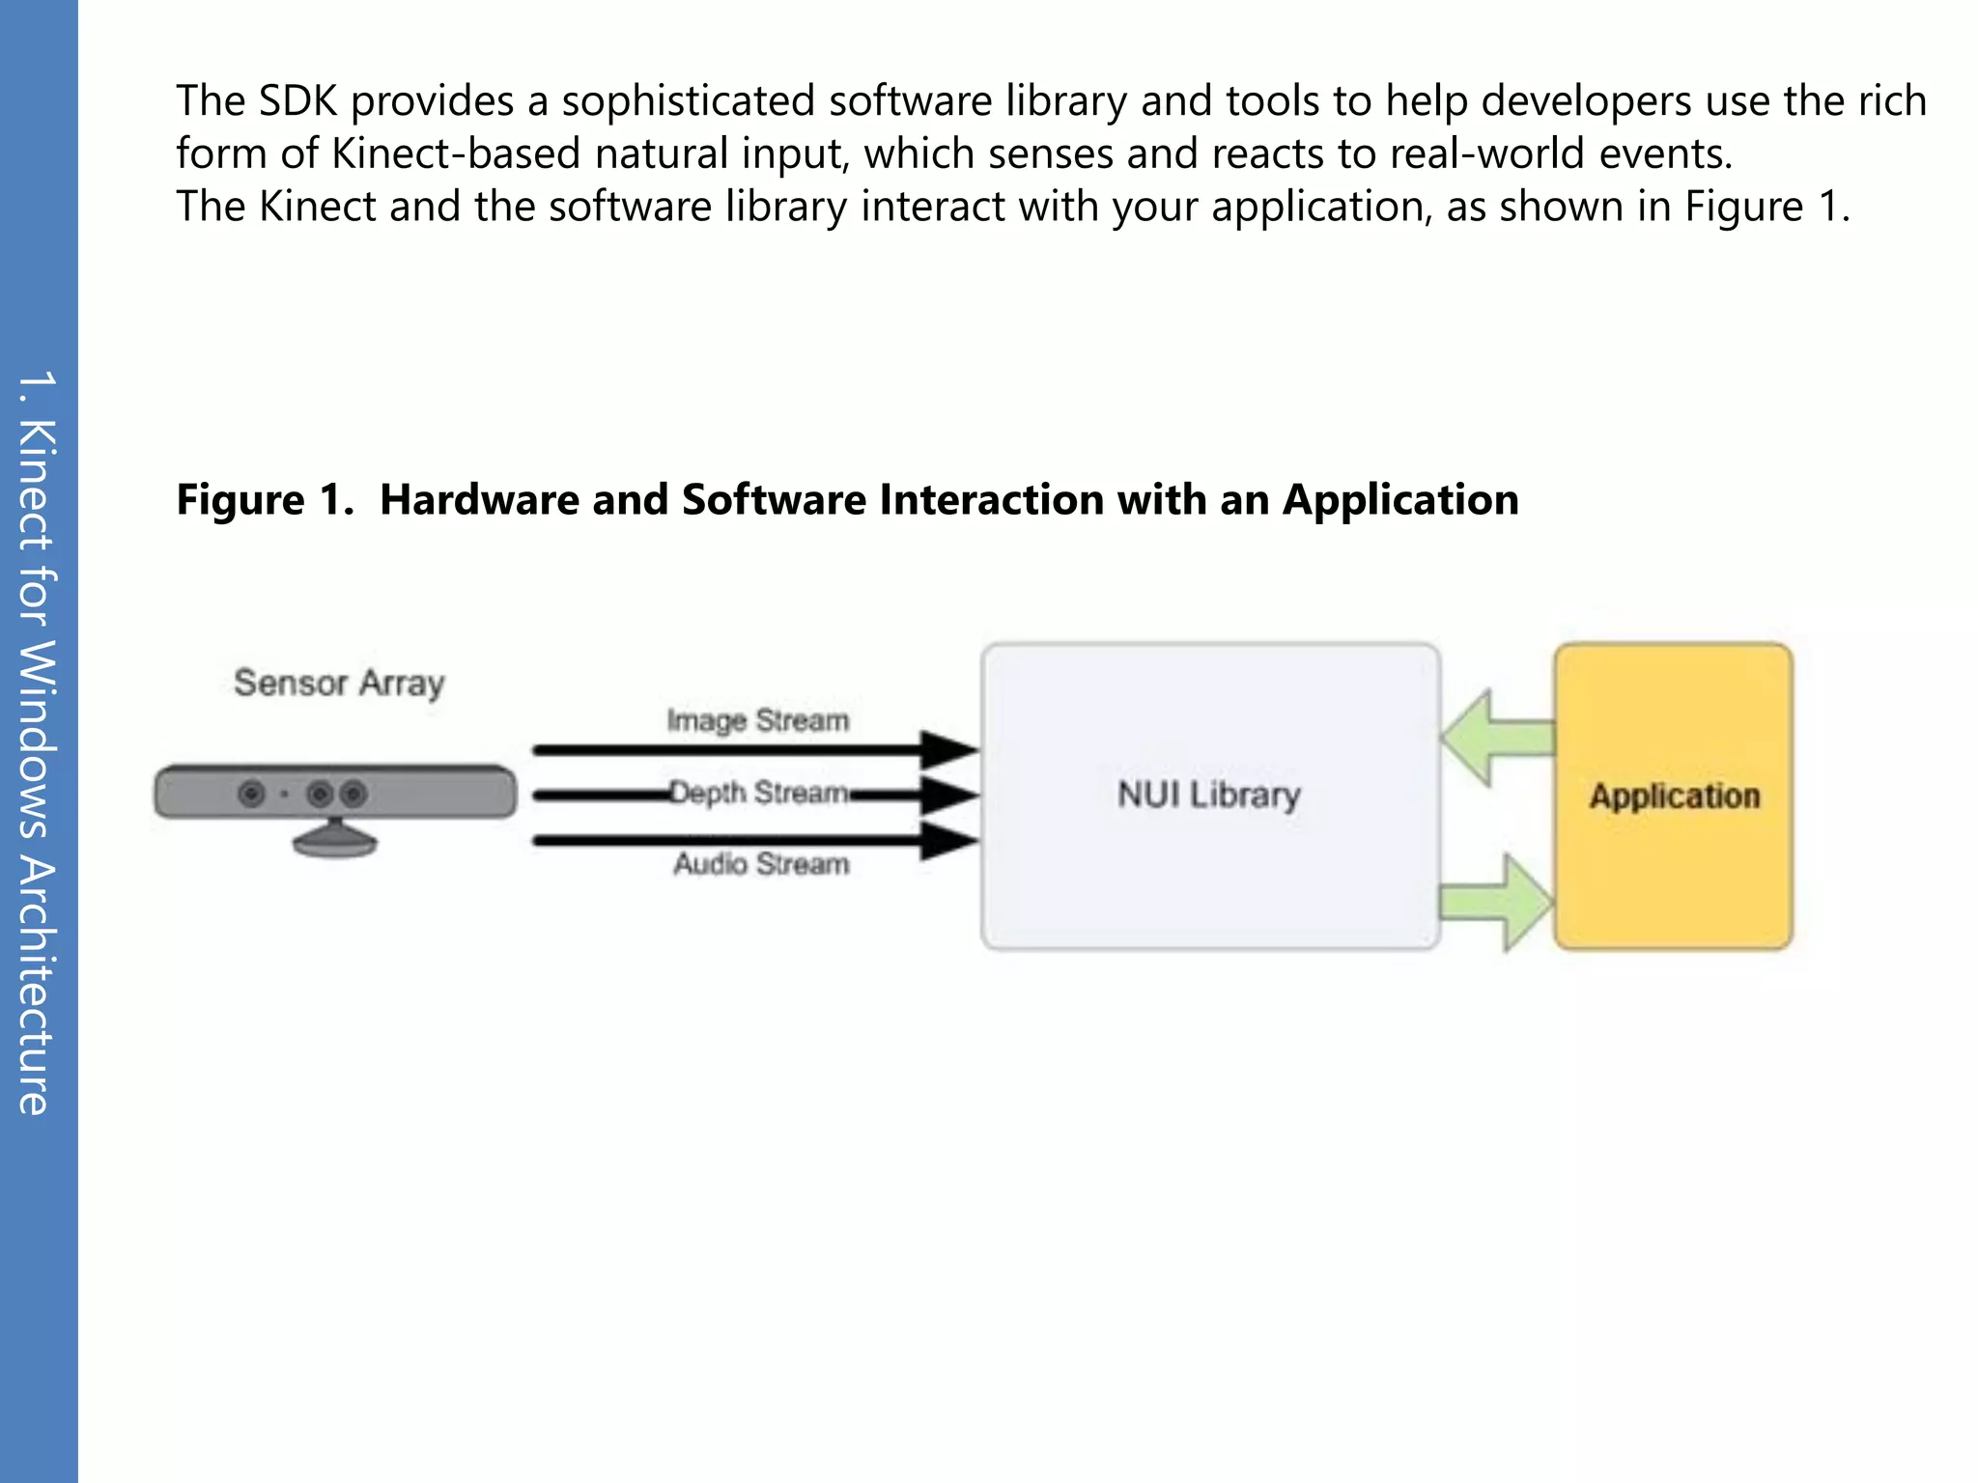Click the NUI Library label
[1208, 795]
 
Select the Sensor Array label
[339, 683]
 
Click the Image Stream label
[757, 720]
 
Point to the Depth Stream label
[759, 793]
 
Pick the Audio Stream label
[761, 863]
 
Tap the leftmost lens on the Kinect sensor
[251, 794]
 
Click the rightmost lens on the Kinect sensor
[354, 794]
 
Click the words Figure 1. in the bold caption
[265, 500]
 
